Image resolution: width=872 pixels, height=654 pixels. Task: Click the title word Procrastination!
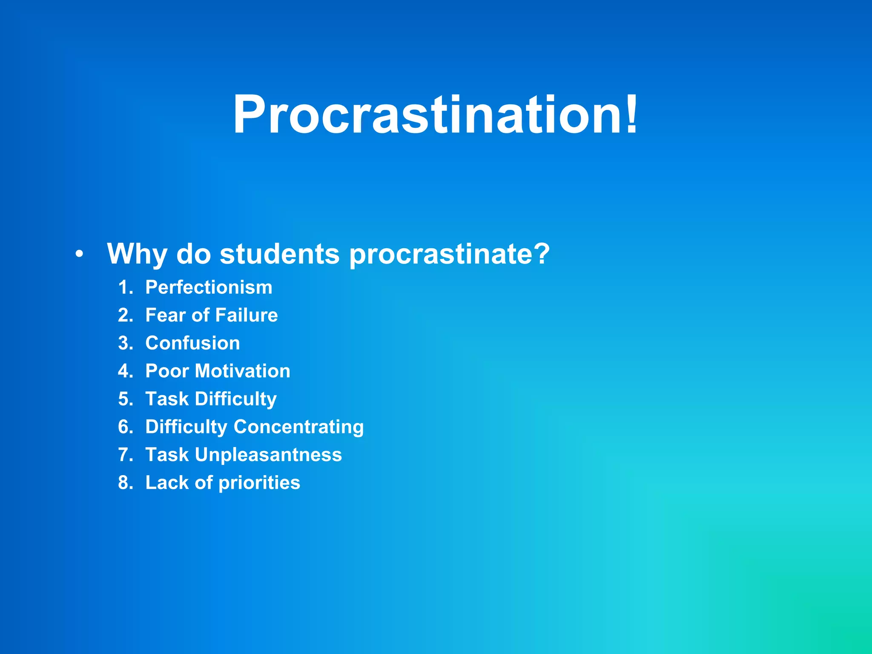tap(435, 115)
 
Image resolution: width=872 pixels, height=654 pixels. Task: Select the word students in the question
tap(279, 254)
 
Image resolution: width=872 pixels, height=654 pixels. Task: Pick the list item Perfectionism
tap(209, 287)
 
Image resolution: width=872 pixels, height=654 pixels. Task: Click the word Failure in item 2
tap(247, 316)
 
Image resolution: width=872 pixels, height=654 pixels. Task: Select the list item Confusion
tap(192, 343)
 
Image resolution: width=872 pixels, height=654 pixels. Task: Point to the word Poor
tap(167, 371)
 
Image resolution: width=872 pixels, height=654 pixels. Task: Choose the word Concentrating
tap(299, 427)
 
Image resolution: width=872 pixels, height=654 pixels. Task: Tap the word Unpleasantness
tap(268, 455)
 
